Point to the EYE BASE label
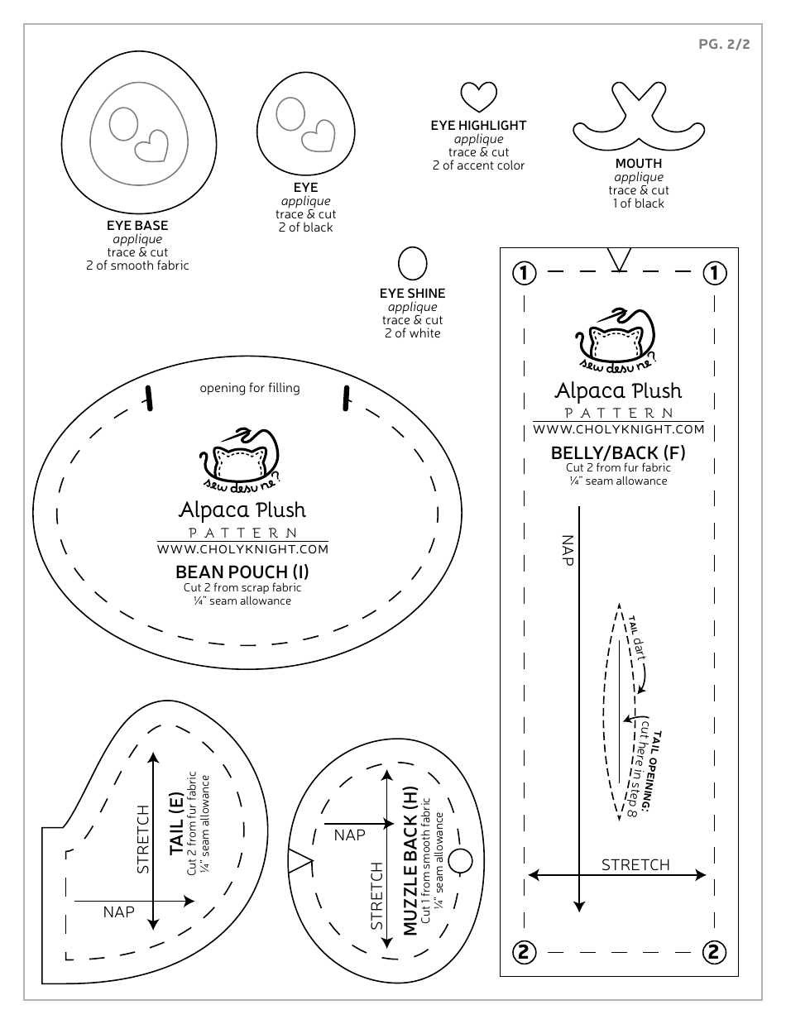click(x=137, y=225)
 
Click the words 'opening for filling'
click(x=250, y=388)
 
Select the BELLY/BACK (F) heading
click(x=618, y=452)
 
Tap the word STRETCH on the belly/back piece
click(x=635, y=864)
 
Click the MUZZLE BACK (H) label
click(x=410, y=863)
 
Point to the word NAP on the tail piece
click(x=118, y=912)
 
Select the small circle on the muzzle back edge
click(x=460, y=861)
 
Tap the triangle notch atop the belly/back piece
click(x=618, y=259)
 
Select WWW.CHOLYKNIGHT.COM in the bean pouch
click(x=242, y=548)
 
